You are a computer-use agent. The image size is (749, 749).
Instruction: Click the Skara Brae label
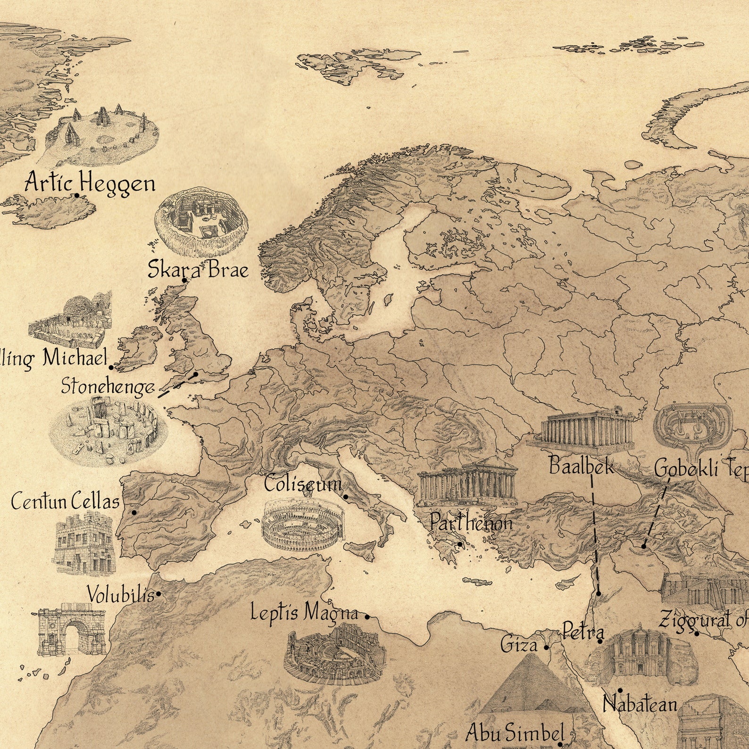(198, 270)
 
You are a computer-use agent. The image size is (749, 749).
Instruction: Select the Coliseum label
(302, 484)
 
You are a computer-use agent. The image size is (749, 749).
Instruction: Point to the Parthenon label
(470, 523)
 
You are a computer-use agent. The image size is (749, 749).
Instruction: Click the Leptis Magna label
(304, 613)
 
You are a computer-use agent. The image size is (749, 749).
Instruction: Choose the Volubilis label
(121, 595)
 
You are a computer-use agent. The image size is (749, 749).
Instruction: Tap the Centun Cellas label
(65, 501)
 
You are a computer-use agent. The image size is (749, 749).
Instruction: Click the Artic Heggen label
(90, 183)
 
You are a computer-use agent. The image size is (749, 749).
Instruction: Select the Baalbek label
(581, 466)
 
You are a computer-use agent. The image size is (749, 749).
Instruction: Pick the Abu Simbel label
(515, 733)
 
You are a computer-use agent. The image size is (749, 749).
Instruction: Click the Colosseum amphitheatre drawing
(303, 525)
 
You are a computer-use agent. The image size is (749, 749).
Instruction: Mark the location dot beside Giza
(546, 648)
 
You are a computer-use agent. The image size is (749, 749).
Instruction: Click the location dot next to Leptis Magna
(367, 616)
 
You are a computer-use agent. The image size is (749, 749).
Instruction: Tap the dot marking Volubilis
(159, 594)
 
